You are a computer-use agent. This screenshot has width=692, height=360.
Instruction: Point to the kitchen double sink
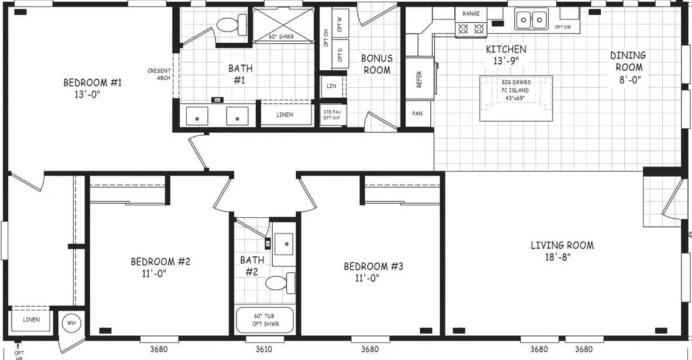531,19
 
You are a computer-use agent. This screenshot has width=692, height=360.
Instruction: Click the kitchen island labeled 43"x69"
515,97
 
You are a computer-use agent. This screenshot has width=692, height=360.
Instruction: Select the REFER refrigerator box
419,79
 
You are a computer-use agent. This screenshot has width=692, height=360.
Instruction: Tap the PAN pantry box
417,114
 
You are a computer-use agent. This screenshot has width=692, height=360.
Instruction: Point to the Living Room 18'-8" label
561,251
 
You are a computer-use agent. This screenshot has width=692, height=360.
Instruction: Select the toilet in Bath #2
280,283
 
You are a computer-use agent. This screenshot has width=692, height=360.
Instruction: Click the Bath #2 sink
284,241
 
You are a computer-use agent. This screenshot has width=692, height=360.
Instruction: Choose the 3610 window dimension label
265,349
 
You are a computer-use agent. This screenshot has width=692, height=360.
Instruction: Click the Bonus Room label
376,64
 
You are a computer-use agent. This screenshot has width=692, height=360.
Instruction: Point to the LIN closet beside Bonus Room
331,87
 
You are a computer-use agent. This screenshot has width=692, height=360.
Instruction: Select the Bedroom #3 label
373,272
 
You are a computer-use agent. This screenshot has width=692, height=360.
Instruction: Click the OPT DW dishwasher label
563,27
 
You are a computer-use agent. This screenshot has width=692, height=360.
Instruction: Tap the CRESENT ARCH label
159,74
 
